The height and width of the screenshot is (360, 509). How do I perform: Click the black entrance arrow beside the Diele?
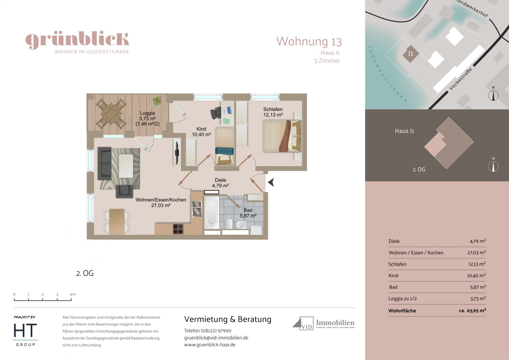(271, 182)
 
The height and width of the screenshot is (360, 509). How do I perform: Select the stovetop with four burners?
(178, 229)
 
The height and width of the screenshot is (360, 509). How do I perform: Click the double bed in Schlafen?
(281, 136)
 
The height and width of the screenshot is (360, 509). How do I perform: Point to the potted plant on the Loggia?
(157, 100)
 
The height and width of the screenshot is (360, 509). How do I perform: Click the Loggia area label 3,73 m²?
(147, 118)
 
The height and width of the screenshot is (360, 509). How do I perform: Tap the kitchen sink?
(197, 209)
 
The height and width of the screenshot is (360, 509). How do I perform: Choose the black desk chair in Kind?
(216, 113)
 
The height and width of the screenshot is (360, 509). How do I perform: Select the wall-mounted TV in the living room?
(177, 153)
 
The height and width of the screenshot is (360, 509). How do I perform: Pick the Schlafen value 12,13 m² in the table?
(477, 264)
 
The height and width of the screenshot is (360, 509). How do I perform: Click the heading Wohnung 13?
(309, 42)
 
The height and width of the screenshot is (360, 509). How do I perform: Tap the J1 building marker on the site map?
(410, 54)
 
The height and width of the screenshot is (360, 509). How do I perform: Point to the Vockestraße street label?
(460, 79)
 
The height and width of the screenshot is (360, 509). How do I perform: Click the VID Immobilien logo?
(323, 323)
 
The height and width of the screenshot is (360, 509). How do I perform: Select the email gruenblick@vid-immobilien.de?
(216, 338)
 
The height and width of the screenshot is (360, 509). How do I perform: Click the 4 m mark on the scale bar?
(71, 295)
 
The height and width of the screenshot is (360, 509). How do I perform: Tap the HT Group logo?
(25, 332)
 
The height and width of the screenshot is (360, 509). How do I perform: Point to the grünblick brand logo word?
(77, 40)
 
